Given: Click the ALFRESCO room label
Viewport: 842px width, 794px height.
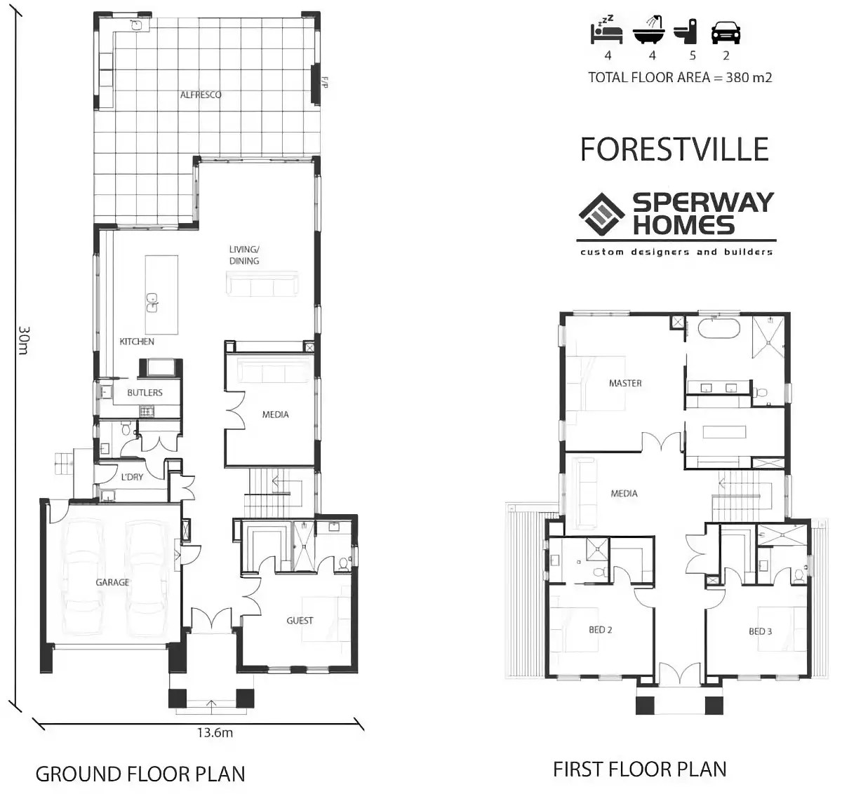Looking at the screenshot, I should click(201, 95).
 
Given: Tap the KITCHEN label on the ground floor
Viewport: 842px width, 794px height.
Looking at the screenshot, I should click(137, 342).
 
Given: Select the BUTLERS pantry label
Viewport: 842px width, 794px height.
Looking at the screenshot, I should click(145, 393).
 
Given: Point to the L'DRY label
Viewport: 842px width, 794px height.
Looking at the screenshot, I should click(132, 478).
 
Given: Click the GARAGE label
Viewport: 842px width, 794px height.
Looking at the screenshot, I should click(112, 582).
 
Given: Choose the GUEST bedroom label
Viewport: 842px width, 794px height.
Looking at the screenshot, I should click(300, 621).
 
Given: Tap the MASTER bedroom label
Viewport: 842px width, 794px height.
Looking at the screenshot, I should click(625, 383).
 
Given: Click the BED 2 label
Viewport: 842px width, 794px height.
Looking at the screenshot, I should click(600, 630).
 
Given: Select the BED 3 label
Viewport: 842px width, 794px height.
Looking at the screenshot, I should click(760, 631).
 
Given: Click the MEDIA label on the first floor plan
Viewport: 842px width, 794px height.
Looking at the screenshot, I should click(624, 494).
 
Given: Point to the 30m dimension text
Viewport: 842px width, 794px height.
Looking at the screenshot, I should click(23, 340).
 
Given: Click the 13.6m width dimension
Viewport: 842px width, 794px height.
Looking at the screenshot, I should click(215, 733).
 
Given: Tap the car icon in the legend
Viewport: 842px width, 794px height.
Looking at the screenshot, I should click(726, 32).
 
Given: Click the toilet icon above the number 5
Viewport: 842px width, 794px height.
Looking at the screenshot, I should click(686, 32).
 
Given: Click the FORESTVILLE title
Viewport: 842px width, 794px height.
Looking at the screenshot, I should click(674, 149).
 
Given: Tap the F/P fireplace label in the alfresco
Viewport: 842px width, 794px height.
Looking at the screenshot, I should click(324, 83).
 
